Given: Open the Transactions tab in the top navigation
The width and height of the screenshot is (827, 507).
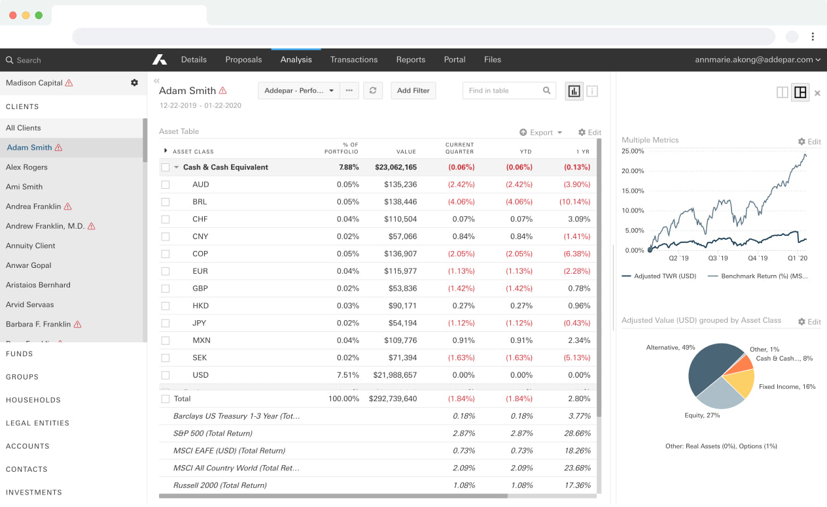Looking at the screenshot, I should pyautogui.click(x=353, y=59).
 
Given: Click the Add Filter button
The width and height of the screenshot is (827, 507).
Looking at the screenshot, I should pyautogui.click(x=413, y=91).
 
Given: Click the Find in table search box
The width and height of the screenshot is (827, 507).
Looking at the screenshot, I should pyautogui.click(x=504, y=91).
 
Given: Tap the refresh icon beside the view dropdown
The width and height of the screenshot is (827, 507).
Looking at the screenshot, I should pyautogui.click(x=373, y=91).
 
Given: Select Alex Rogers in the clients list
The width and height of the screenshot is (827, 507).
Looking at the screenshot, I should pyautogui.click(x=27, y=167).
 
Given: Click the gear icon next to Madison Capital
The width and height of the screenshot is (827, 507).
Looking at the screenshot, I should pyautogui.click(x=134, y=83).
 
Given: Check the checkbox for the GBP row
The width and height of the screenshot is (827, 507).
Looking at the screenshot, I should pyautogui.click(x=166, y=289).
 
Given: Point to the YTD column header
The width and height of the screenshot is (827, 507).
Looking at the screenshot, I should pyautogui.click(x=525, y=152).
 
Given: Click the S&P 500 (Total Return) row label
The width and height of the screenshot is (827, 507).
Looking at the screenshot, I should pyautogui.click(x=213, y=433).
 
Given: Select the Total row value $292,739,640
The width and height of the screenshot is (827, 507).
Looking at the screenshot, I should pyautogui.click(x=393, y=399).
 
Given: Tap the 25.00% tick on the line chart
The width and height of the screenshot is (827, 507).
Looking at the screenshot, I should pyautogui.click(x=633, y=151).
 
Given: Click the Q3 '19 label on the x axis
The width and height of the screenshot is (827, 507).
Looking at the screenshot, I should pyautogui.click(x=718, y=258).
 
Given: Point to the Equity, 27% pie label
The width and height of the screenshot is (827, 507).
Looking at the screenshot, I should pyautogui.click(x=702, y=416).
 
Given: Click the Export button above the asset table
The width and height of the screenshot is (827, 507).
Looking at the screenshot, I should pyautogui.click(x=541, y=133).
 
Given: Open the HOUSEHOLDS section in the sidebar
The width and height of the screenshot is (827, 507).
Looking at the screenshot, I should pyautogui.click(x=33, y=400).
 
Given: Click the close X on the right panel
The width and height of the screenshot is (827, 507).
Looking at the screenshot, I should pyautogui.click(x=817, y=93).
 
